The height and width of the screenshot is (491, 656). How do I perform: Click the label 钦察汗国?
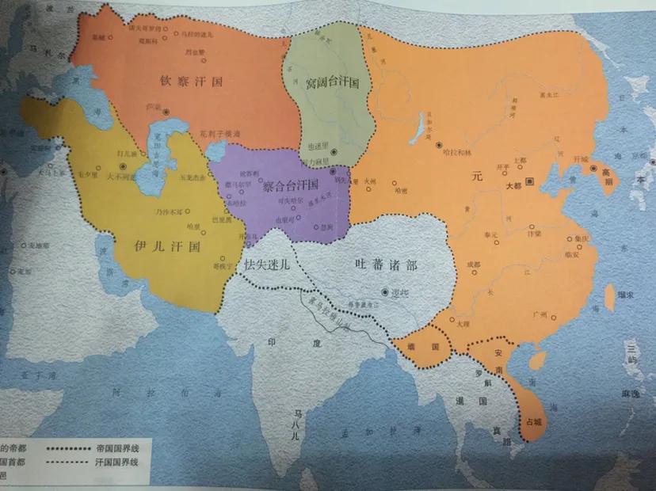[188, 80]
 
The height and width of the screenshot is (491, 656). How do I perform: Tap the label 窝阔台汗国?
[333, 82]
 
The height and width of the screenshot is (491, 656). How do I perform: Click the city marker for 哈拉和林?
[440, 145]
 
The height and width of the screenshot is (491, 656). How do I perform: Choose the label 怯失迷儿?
[269, 264]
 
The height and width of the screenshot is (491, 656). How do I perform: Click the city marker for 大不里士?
[124, 166]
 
